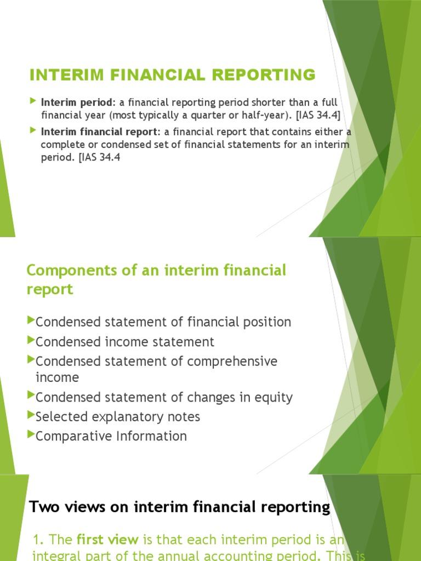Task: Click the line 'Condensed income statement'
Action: click(125, 342)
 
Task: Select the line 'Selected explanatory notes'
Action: click(118, 417)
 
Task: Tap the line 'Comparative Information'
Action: click(111, 436)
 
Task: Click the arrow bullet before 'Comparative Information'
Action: click(31, 435)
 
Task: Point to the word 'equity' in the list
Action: click(275, 397)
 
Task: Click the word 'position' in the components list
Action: click(268, 322)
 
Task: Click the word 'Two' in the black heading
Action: click(42, 507)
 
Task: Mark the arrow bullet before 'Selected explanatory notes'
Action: click(31, 416)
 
